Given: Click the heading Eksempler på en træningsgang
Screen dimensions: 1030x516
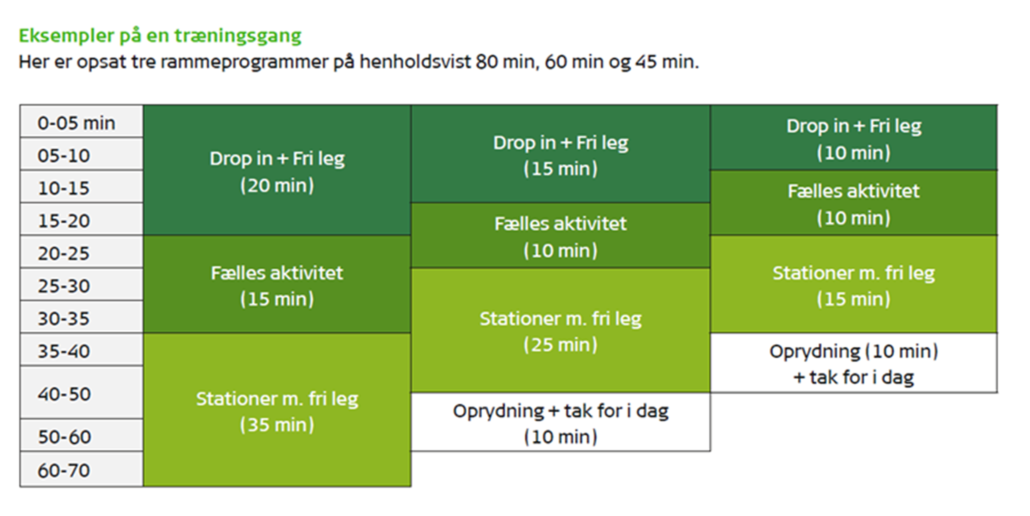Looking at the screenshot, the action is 160,36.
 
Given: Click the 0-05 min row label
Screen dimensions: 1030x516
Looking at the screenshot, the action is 82,121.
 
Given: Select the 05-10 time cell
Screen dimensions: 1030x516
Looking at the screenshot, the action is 82,154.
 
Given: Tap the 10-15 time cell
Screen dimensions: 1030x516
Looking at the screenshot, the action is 82,187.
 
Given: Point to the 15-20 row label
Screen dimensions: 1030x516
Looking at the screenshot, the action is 82,219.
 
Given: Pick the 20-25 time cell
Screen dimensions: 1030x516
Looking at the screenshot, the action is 82,252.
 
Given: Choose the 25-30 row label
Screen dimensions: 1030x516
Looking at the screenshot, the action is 82,284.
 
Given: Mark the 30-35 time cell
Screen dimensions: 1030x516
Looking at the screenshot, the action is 82,317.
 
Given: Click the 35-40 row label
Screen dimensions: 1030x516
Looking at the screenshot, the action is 82,349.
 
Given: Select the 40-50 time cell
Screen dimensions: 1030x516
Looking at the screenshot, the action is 82,392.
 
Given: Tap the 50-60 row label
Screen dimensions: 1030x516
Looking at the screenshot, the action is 82,435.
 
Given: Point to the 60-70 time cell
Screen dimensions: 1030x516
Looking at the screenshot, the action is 82,469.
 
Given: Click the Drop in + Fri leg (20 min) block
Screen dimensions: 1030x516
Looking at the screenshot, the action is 277,170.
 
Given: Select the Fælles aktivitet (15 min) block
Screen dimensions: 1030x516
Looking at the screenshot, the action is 277,284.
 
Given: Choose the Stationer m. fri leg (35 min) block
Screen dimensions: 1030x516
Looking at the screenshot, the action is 277,410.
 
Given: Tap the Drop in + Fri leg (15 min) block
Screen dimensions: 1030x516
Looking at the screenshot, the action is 560,154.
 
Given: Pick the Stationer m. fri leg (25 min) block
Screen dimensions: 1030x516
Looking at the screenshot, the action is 560,330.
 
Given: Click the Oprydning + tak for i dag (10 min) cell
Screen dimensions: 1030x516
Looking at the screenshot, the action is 560,422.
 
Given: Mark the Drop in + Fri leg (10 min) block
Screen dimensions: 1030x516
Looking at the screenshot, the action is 854,138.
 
